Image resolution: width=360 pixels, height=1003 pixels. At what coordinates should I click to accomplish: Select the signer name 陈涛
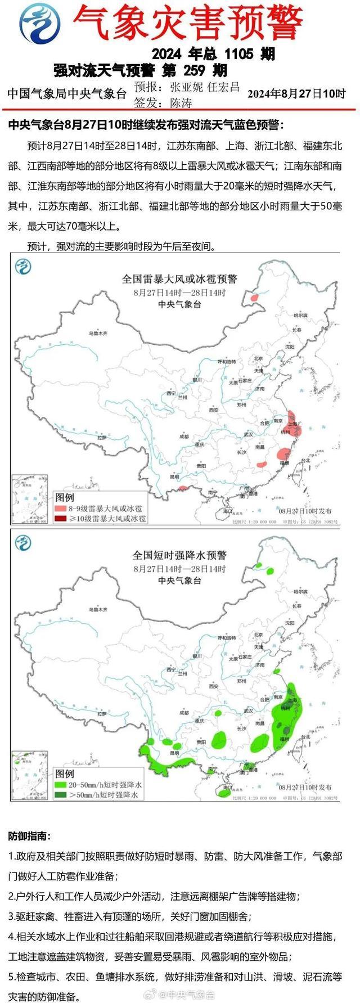pyautogui.click(x=181, y=103)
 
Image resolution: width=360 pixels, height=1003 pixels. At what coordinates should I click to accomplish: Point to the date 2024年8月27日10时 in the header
pyautogui.click(x=296, y=93)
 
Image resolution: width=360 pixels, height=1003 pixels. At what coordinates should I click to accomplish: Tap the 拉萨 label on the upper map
pyautogui.click(x=101, y=437)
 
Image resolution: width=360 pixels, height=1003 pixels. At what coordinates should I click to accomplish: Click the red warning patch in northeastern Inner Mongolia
pyautogui.click(x=255, y=297)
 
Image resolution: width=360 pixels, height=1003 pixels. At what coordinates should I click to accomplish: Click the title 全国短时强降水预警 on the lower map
pyautogui.click(x=179, y=555)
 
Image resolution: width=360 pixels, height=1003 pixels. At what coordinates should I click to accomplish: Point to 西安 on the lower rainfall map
pyautogui.click(x=214, y=686)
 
